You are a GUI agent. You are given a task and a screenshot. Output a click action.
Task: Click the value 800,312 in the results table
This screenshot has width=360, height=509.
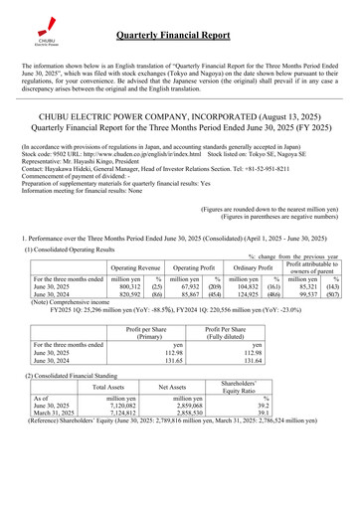pos(126,315)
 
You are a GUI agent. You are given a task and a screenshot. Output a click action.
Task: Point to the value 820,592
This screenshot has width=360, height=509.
pos(126,323)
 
